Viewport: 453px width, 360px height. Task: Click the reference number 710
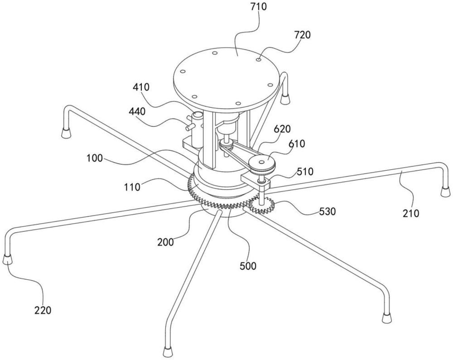[x=259, y=7]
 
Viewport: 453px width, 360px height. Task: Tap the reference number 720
[x=303, y=35]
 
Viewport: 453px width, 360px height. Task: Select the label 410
[x=141, y=87]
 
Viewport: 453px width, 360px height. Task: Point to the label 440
[x=137, y=111]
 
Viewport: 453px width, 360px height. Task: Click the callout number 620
[x=282, y=129]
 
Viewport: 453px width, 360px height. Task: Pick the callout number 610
[x=296, y=144]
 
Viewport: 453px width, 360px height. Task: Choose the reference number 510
[x=305, y=172]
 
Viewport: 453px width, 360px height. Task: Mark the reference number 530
[x=328, y=211]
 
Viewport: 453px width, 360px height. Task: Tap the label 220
[x=43, y=310]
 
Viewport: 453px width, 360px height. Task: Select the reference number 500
[x=248, y=266]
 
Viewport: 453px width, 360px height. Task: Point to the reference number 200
[x=165, y=242]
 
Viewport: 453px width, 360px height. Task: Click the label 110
[x=132, y=187]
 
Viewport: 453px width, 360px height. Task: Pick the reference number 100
[x=94, y=158]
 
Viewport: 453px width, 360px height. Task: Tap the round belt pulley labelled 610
[x=262, y=164]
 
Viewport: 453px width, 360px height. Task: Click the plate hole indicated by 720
[x=259, y=59]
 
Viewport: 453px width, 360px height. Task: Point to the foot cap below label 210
[x=445, y=192]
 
